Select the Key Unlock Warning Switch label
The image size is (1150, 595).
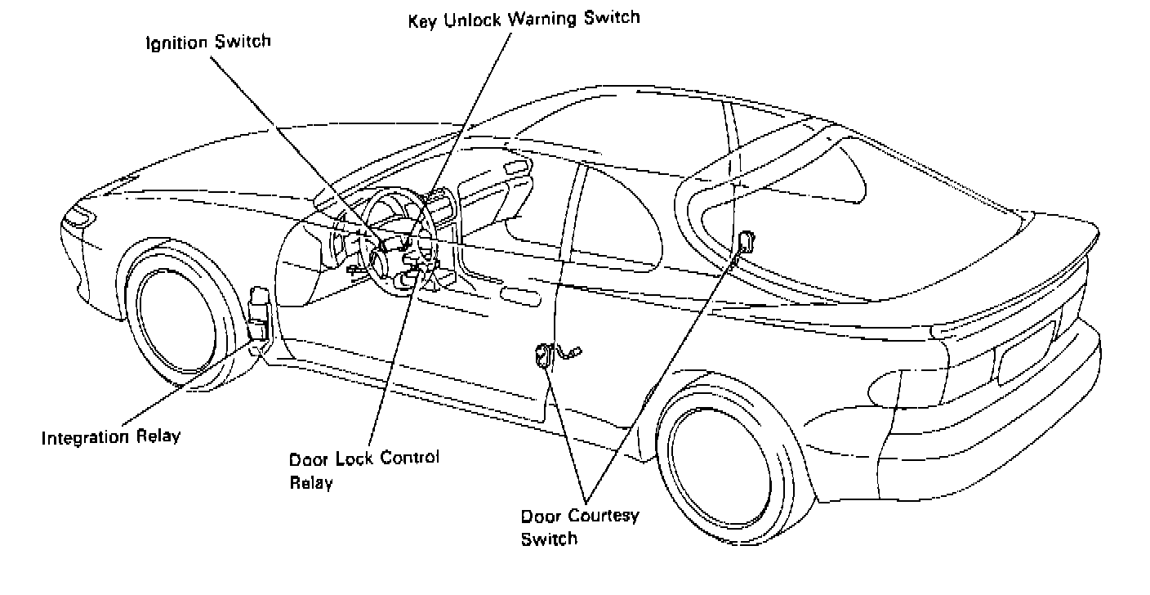(x=524, y=18)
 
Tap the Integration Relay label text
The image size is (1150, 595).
(x=111, y=437)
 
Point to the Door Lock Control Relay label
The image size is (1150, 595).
(x=363, y=469)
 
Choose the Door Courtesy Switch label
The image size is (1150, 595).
(x=580, y=527)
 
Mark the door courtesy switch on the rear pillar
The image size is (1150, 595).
(x=744, y=242)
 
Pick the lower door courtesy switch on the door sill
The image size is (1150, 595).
(x=542, y=356)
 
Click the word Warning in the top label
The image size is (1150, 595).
(x=540, y=18)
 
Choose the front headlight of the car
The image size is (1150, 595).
(x=79, y=217)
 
